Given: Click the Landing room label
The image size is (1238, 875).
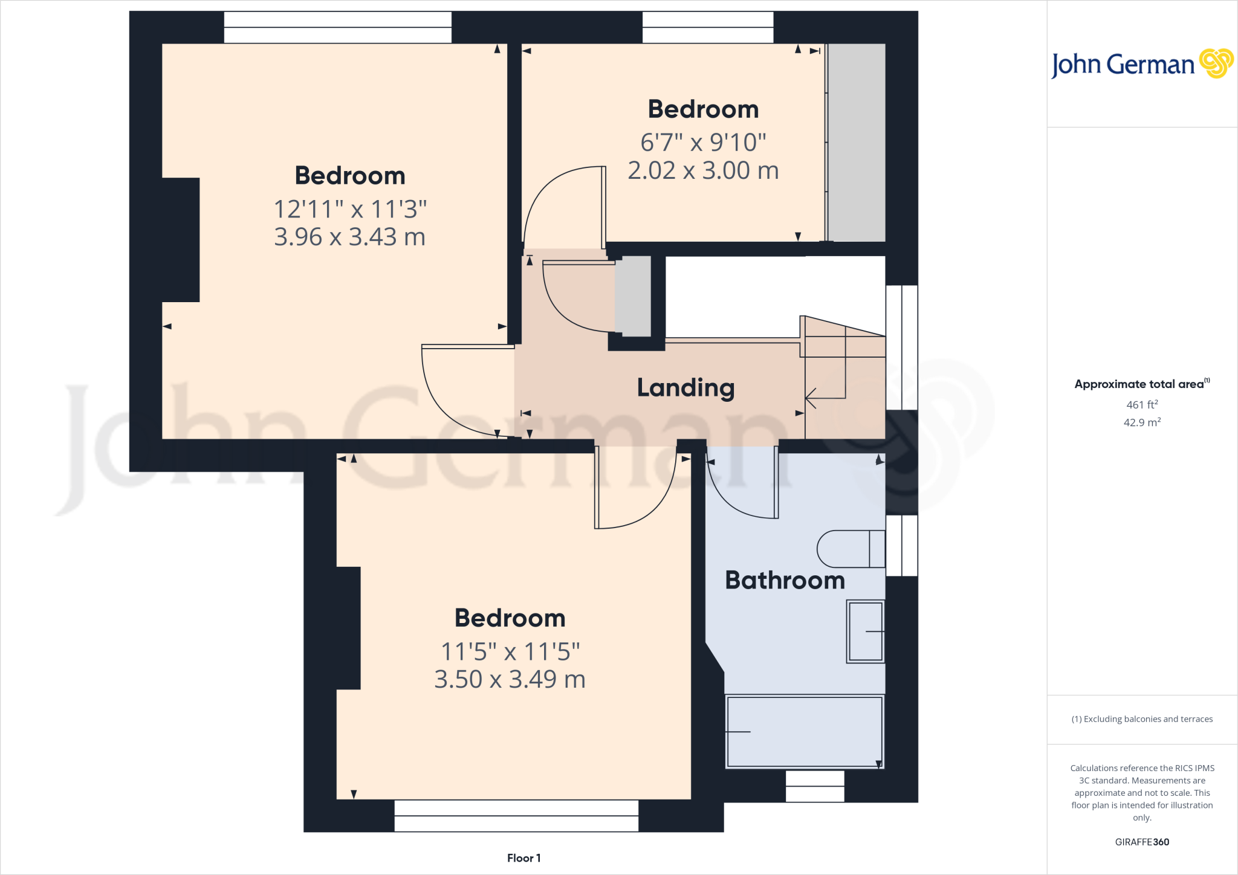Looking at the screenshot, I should (685, 388).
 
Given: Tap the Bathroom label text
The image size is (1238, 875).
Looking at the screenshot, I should (785, 580).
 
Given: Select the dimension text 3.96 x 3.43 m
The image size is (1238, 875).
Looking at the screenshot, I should (349, 237).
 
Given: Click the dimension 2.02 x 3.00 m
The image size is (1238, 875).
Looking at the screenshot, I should (703, 170).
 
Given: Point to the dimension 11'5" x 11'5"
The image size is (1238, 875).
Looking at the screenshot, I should (510, 652).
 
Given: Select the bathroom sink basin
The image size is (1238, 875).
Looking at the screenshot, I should (865, 631).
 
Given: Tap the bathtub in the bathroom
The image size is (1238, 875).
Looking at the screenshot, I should (805, 732).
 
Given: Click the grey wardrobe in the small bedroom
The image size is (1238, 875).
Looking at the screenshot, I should (856, 143).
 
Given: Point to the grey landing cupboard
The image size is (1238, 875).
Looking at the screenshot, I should (633, 296).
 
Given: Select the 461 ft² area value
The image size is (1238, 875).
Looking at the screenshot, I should (1142, 404).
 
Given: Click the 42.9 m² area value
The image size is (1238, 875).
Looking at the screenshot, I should (1142, 422).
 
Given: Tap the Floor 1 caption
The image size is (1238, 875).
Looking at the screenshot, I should (523, 858).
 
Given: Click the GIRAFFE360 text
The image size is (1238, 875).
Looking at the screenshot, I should (1142, 842).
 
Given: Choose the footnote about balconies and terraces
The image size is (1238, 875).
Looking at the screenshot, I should (1142, 719).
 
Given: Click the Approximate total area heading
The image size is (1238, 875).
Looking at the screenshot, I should (1139, 384).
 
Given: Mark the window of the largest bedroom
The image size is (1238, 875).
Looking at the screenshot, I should (337, 27).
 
